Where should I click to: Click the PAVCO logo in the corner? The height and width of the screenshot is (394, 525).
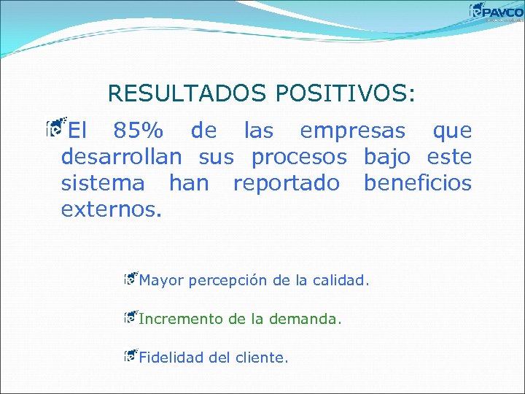pyautogui.click(x=497, y=12)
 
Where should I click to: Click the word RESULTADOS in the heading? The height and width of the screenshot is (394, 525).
pyautogui.click(x=187, y=93)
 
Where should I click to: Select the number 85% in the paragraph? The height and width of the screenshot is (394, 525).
pyautogui.click(x=139, y=131)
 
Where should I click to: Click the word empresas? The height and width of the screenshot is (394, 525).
pyautogui.click(x=352, y=131)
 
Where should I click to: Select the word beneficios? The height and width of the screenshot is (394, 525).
pyautogui.click(x=417, y=182)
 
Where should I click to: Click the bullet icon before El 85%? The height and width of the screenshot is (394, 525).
pyautogui.click(x=53, y=129)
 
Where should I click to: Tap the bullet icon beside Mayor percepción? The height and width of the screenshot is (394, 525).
pyautogui.click(x=131, y=277)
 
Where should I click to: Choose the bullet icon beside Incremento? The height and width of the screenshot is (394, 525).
pyautogui.click(x=131, y=317)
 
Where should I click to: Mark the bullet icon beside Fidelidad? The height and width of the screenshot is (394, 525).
pyautogui.click(x=131, y=355)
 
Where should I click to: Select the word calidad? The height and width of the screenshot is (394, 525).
pyautogui.click(x=341, y=279)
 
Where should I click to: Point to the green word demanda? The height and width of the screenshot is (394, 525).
pyautogui.click(x=304, y=319)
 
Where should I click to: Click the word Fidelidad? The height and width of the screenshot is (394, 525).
pyautogui.click(x=172, y=358)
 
